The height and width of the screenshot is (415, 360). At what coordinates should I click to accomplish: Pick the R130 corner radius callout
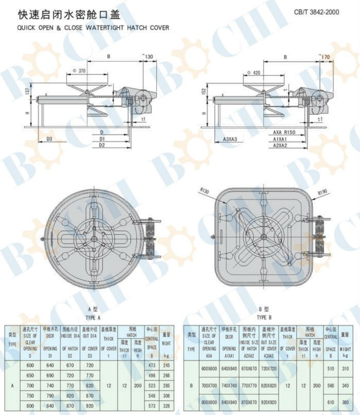click(203, 191)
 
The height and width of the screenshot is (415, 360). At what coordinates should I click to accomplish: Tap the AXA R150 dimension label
click(284, 133)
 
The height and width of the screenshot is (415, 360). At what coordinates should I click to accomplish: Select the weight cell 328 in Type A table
click(166, 405)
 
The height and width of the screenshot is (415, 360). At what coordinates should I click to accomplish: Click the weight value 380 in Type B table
click(344, 402)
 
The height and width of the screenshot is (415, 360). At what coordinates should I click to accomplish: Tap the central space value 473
click(151, 366)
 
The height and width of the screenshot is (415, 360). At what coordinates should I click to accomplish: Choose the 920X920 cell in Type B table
click(268, 402)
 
